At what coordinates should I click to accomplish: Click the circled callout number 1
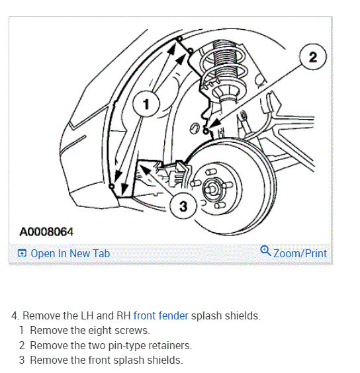point(146,104)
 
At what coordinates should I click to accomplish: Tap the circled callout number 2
point(312,57)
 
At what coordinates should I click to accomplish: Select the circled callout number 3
point(183,206)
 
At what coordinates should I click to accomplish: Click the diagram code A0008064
point(46,232)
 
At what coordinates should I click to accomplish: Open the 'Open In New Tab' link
point(70,253)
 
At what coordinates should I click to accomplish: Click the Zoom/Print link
point(300,253)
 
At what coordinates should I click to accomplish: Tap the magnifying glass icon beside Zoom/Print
point(265,251)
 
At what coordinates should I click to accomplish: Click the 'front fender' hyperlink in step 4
point(161,315)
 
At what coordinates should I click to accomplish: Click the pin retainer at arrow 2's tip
point(206,130)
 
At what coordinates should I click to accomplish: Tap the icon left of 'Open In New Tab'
point(22,253)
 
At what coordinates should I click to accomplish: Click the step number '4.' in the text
point(15,315)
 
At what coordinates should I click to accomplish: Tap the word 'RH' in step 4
point(123,315)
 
